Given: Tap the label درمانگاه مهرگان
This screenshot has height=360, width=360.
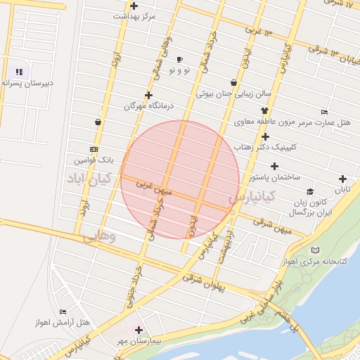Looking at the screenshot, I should (148, 105).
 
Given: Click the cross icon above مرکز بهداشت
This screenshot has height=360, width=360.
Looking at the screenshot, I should (134, 6).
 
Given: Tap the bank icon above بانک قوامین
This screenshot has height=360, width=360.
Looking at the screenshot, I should (94, 149).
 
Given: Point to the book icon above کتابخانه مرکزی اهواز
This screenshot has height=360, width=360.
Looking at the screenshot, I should (314, 250).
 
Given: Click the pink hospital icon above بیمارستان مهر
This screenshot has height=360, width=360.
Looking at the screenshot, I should (138, 330).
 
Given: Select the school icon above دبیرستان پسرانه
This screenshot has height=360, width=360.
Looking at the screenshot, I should (19, 71).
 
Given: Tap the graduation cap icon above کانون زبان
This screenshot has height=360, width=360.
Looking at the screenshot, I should (309, 191).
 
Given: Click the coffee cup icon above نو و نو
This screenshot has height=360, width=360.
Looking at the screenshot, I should (179, 60).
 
